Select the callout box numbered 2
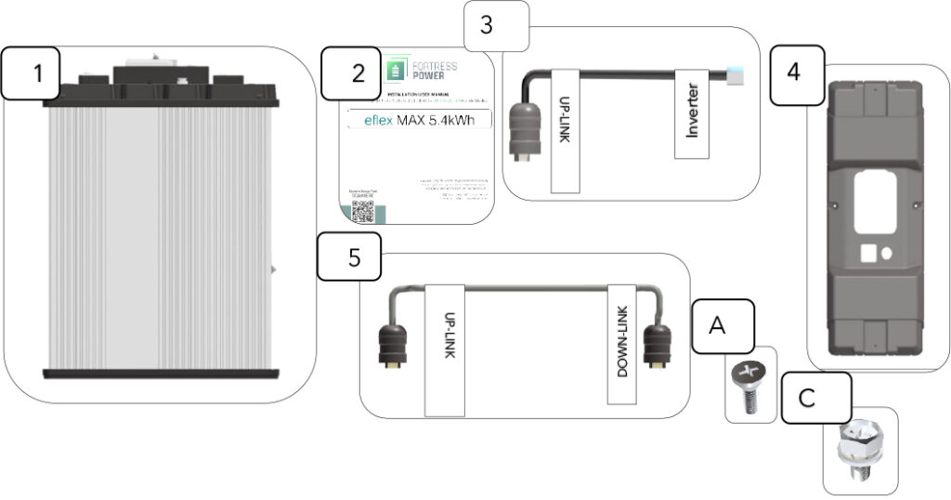click(358, 74)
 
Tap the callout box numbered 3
click(487, 25)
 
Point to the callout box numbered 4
click(792, 73)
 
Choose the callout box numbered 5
click(353, 257)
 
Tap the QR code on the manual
click(362, 211)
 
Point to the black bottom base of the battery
click(160, 373)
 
